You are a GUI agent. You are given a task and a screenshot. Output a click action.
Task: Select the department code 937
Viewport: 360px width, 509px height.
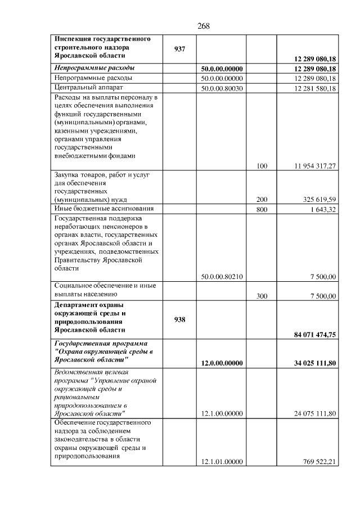click(x=179, y=48)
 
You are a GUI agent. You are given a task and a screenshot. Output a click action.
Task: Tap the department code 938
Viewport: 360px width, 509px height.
click(x=179, y=319)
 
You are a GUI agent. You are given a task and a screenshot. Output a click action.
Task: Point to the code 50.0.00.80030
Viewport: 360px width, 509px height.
click(x=222, y=88)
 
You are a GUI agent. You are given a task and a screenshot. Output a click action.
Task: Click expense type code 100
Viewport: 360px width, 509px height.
click(x=262, y=166)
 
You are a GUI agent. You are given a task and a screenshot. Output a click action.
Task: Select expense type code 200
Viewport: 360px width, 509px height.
click(x=262, y=199)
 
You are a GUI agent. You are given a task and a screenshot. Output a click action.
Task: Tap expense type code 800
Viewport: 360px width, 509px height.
click(x=262, y=209)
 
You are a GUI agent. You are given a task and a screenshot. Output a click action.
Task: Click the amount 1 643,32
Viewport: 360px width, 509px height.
click(x=322, y=209)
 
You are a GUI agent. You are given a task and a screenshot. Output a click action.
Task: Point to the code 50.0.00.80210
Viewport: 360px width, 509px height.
click(x=222, y=276)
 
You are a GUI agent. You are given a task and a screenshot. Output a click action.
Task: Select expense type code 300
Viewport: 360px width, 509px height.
click(x=262, y=296)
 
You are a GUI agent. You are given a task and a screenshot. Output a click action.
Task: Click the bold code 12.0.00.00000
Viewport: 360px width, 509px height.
click(x=222, y=363)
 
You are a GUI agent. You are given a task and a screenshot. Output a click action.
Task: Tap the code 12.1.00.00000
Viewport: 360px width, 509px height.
click(x=222, y=413)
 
